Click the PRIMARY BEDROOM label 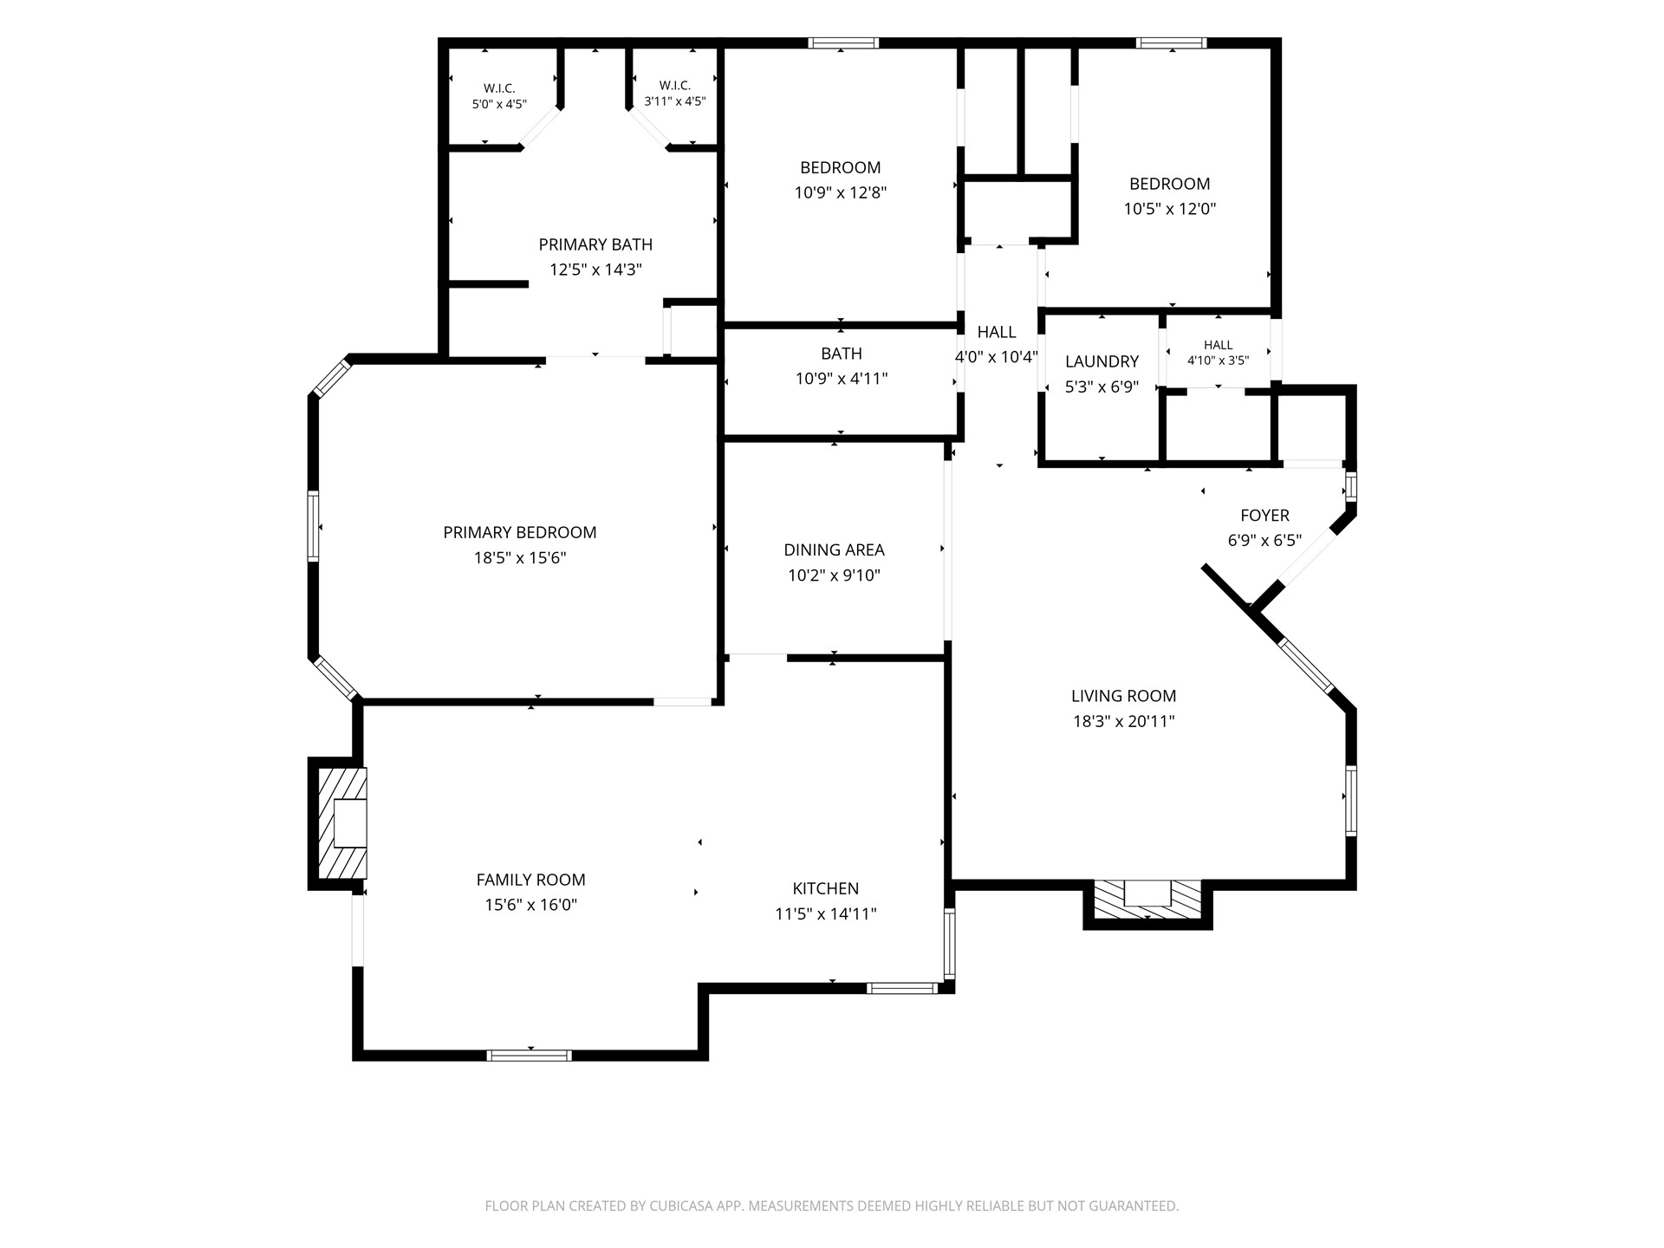520,532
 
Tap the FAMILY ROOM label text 530,880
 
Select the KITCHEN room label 826,888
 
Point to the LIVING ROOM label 1123,695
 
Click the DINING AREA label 834,549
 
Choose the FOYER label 1264,516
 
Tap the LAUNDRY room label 1102,361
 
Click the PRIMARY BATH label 595,244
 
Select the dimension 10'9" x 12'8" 841,192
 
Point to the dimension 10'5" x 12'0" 1170,209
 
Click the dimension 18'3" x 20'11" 1123,721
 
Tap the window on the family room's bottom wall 529,1055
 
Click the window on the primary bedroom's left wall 314,526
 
